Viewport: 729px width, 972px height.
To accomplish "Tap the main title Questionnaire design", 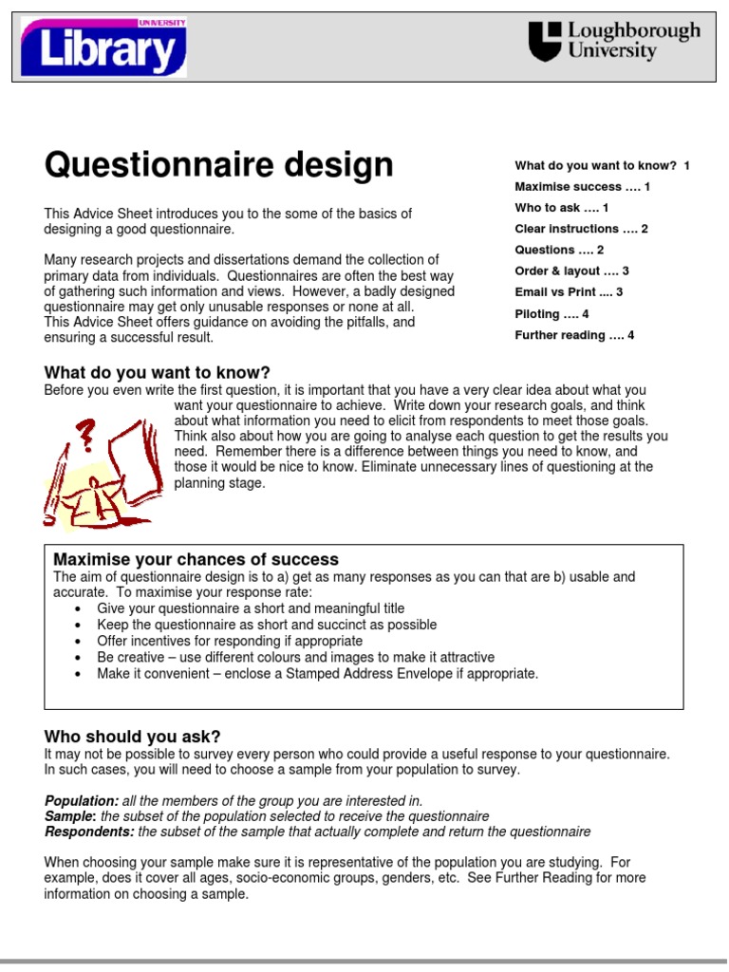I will [x=218, y=165].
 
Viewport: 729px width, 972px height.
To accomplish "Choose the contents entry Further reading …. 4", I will [x=574, y=335].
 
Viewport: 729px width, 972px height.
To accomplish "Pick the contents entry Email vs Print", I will [x=569, y=292].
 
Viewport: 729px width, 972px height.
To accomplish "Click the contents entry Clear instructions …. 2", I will [x=581, y=229].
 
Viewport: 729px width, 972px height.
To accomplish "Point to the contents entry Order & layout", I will [x=571, y=271].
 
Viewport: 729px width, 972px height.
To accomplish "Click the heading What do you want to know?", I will [x=158, y=372].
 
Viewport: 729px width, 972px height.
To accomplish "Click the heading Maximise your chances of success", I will [x=196, y=559].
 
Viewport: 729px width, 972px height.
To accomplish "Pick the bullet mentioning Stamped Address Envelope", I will [x=317, y=674].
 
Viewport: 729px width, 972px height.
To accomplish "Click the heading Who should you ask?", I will [x=132, y=737].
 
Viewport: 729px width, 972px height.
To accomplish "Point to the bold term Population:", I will [x=82, y=800].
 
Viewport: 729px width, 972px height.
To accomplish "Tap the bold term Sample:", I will [x=70, y=816].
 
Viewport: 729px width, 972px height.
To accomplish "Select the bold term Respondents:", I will [x=89, y=832].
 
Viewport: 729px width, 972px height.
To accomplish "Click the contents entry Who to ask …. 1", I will [x=561, y=208].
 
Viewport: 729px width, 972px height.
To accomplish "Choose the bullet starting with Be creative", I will [x=295, y=657].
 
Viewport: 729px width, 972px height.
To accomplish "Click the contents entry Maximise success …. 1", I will [x=582, y=187].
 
